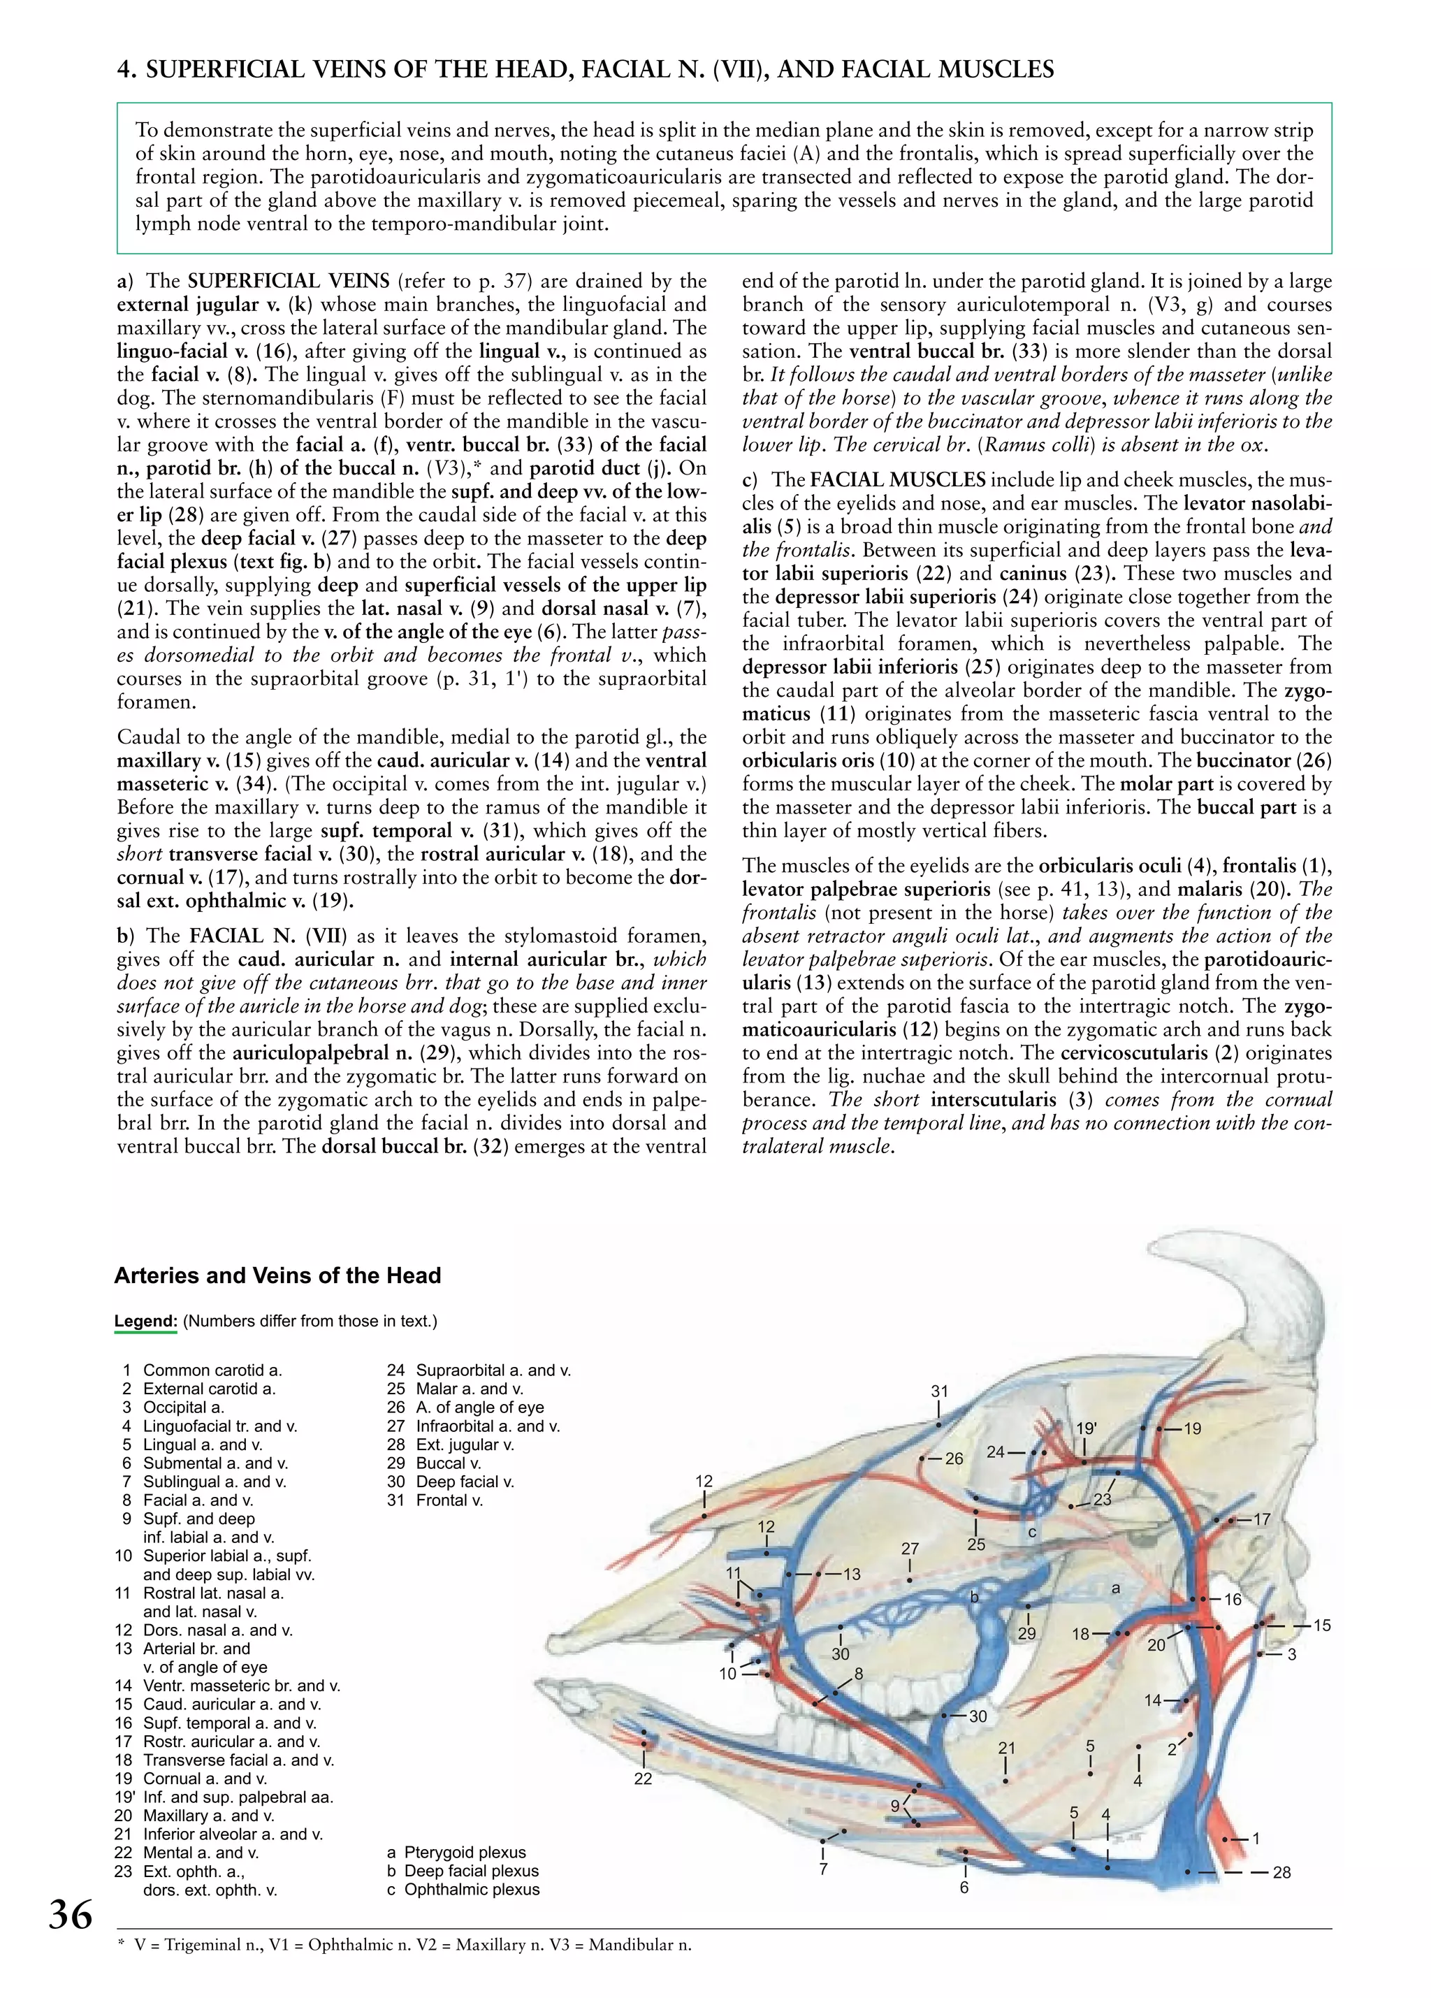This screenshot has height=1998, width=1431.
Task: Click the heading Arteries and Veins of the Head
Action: tap(277, 1275)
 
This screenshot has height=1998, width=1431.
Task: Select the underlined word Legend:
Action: tap(145, 1321)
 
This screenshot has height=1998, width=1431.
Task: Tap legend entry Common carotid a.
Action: tap(211, 1370)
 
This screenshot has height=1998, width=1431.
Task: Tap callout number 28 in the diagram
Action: tap(1281, 1872)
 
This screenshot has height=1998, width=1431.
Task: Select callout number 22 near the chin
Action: tap(643, 1779)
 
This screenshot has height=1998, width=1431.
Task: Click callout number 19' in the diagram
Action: tap(1086, 1428)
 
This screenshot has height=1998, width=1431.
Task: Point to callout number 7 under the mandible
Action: tap(822, 1869)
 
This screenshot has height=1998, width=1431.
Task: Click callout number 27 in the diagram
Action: tap(910, 1548)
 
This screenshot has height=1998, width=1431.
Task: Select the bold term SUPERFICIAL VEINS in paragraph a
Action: tap(289, 281)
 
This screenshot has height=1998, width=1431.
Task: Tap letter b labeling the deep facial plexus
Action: tap(974, 1596)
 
